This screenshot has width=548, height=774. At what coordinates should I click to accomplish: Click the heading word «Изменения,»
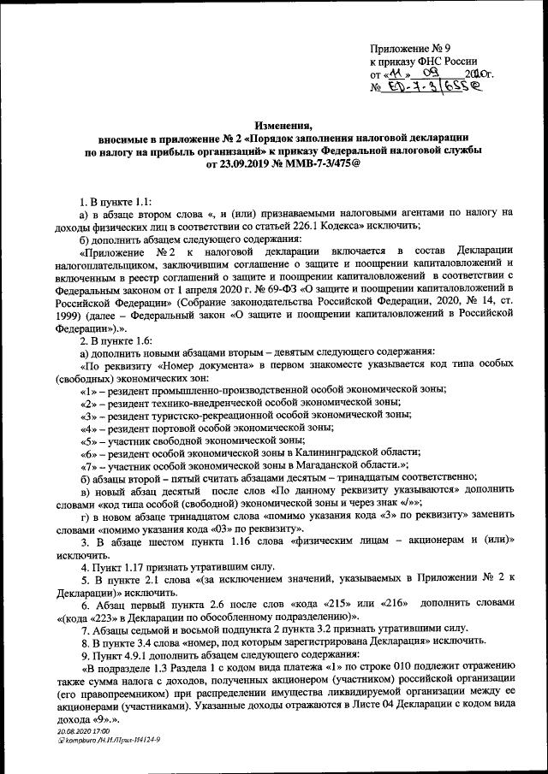274,125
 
